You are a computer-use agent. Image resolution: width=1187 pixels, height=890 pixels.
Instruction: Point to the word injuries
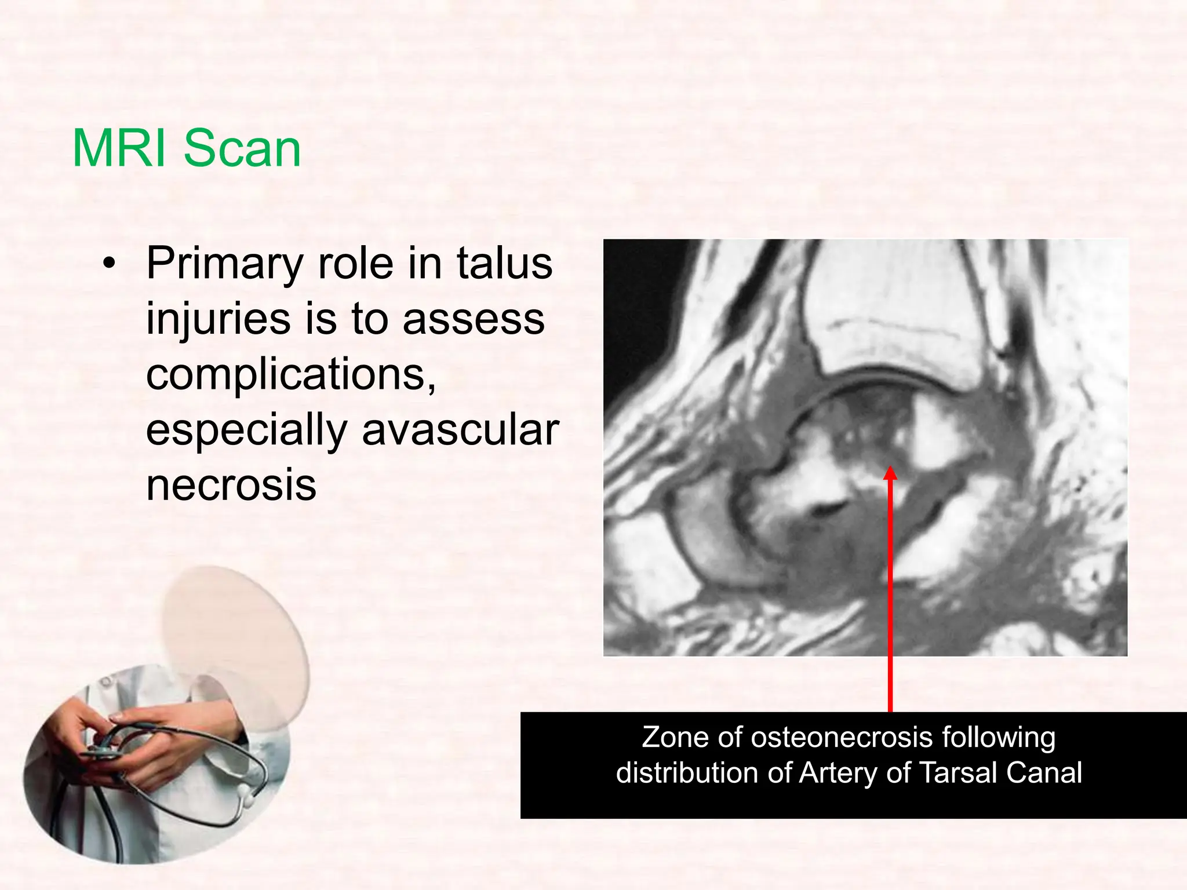click(x=218, y=319)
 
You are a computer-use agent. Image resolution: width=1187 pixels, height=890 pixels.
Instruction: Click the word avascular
click(x=460, y=430)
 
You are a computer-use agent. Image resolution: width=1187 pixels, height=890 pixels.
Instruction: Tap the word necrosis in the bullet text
click(x=231, y=485)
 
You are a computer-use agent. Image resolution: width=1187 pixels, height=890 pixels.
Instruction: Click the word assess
click(x=474, y=319)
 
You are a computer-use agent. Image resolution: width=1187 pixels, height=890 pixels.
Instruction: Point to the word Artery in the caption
click(x=839, y=773)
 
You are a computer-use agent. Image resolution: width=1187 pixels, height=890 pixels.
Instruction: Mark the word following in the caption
click(x=998, y=738)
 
